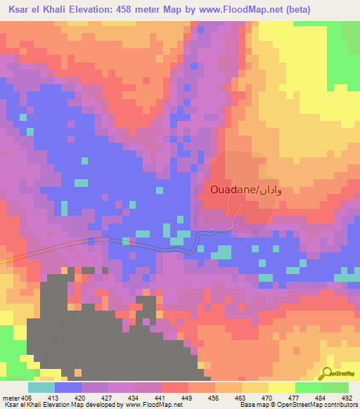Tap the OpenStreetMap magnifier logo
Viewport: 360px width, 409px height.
pos(328,375)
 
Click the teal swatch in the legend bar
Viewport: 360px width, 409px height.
pos(41,387)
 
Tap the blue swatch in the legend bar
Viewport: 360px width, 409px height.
pos(68,387)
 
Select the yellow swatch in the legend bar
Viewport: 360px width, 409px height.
pos(281,387)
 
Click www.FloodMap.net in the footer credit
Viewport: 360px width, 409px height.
pos(147,405)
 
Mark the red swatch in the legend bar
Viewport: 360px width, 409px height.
pos(175,387)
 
